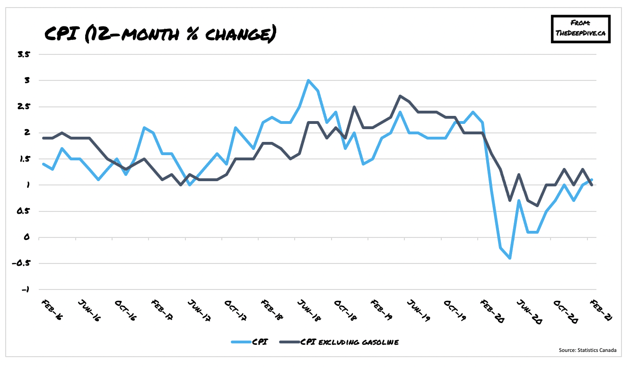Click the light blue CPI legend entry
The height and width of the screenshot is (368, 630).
click(251, 342)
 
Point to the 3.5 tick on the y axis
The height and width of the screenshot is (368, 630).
click(23, 54)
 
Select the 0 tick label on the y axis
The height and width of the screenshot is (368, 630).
click(27, 237)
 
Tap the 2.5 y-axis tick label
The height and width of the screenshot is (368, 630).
click(23, 106)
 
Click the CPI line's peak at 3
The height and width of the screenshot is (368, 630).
click(308, 80)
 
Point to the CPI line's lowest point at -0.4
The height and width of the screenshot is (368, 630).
click(509, 258)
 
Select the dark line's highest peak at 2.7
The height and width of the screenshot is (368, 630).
click(400, 96)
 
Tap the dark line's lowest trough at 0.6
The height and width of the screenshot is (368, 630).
click(537, 206)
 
